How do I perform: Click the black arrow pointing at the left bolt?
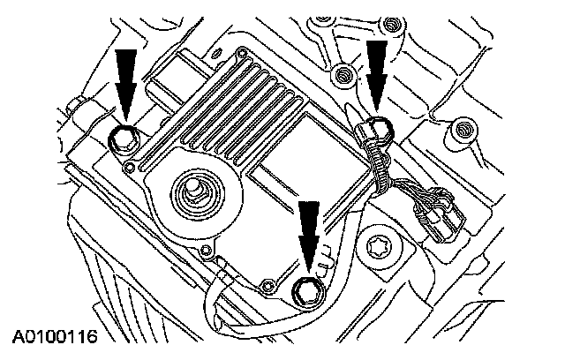click(125, 79)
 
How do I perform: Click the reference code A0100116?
click(54, 337)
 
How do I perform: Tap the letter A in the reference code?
click(18, 337)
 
